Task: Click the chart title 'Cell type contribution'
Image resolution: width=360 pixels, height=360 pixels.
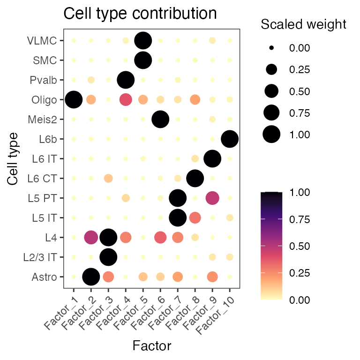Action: [x=140, y=14]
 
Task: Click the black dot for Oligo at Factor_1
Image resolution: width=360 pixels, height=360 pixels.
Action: [x=74, y=99]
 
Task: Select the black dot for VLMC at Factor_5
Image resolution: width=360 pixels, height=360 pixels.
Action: [x=143, y=41]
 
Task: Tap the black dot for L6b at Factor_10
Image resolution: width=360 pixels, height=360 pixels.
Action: [x=230, y=139]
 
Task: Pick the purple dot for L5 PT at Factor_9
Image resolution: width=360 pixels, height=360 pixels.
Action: [x=212, y=198]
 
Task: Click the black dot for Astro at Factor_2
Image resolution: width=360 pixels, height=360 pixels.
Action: [x=91, y=277]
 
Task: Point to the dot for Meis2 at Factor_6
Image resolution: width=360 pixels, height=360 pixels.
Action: [x=160, y=119]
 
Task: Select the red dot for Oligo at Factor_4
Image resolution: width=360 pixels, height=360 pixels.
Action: [x=126, y=99]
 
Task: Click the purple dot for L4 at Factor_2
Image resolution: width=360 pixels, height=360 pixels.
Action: [x=91, y=237]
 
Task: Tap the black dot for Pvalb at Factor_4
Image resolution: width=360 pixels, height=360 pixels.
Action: [x=126, y=80]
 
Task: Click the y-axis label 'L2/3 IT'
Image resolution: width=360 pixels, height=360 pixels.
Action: [x=43, y=257]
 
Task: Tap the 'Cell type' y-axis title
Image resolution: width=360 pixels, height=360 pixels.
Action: [x=14, y=158]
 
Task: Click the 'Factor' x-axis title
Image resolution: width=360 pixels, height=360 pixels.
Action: [x=151, y=346]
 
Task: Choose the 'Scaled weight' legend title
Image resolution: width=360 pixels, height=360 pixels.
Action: [x=303, y=24]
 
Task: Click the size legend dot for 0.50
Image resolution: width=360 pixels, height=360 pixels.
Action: [x=271, y=91]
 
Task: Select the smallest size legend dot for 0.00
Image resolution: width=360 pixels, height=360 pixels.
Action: [x=271, y=48]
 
